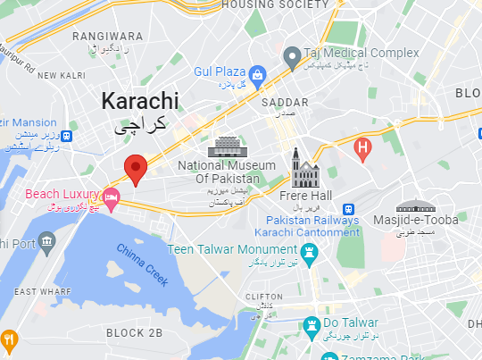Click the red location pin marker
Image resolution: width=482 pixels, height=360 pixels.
click(x=136, y=169)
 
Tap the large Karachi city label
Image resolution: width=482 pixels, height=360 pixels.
click(x=139, y=100)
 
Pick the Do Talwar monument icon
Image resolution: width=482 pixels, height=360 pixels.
click(x=312, y=323)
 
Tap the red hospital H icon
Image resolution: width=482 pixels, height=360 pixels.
click(x=363, y=148)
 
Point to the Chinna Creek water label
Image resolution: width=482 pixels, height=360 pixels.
click(x=143, y=265)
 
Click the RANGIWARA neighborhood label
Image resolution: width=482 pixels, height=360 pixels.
click(x=108, y=37)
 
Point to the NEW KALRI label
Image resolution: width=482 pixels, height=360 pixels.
click(x=60, y=76)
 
